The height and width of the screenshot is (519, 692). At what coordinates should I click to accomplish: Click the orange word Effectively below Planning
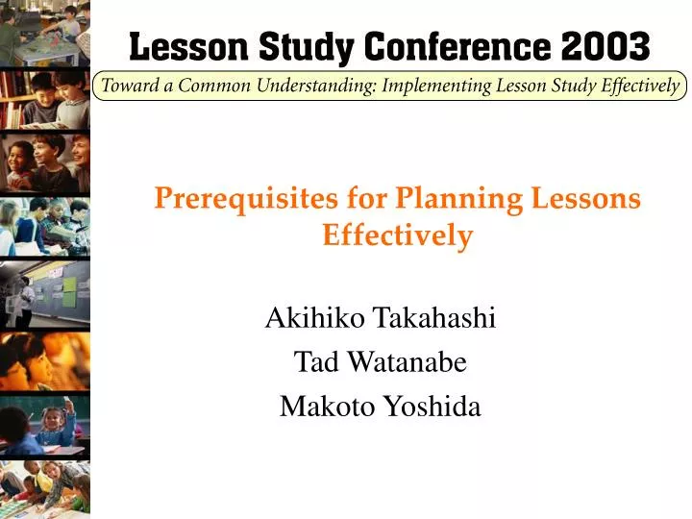pyautogui.click(x=398, y=235)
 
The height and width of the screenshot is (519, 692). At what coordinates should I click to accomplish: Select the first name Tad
pyautogui.click(x=312, y=362)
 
